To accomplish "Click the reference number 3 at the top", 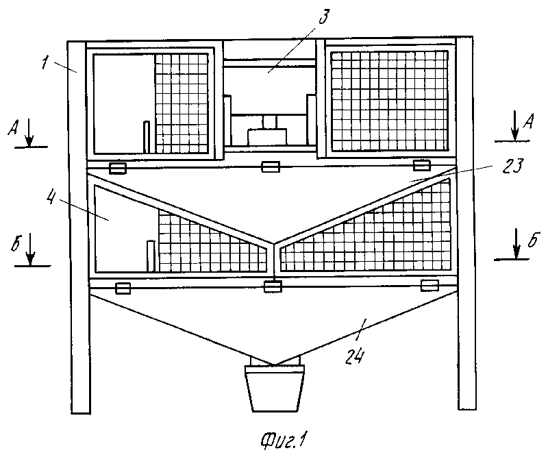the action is [x=324, y=16].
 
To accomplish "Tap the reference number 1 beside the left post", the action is [x=45, y=63].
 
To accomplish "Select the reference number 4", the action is [x=51, y=197].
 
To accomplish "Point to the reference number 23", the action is [x=512, y=166].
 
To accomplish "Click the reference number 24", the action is [x=355, y=357].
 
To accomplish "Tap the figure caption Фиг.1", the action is [x=283, y=441].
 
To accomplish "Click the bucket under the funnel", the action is [x=275, y=388].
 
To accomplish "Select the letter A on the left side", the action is [x=13, y=128].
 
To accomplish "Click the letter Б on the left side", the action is [x=16, y=243].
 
